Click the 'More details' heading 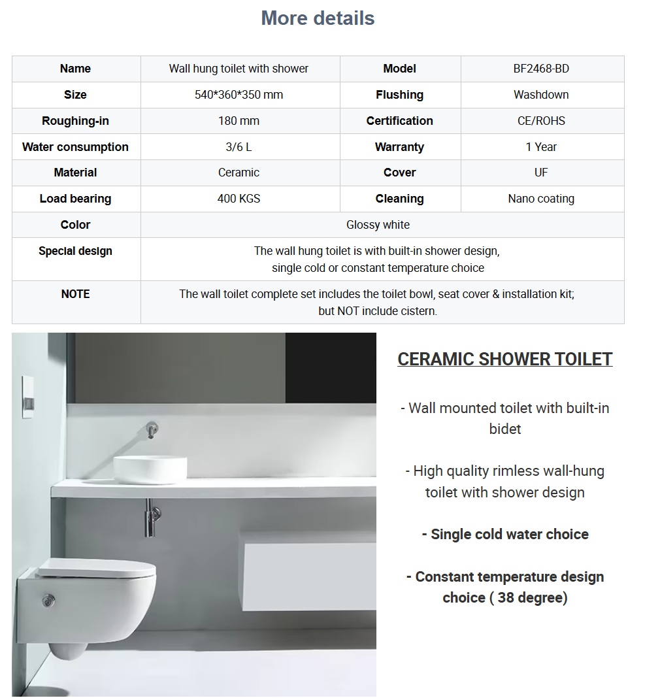coord(318,18)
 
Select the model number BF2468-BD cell coord(541,69)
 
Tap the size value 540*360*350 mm coord(239,95)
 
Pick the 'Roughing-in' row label coord(75,121)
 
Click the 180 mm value coord(239,121)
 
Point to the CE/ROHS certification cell coord(541,121)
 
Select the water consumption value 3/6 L coord(239,147)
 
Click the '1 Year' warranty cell coord(541,147)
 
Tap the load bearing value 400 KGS coord(239,199)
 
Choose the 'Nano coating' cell coord(541,199)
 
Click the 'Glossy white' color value coord(378,225)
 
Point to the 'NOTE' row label coord(75,294)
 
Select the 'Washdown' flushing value coord(541,95)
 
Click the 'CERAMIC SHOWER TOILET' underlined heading coord(505,359)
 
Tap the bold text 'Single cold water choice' coord(505,535)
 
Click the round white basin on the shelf coord(150,469)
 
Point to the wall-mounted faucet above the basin coord(151,429)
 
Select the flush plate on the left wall coord(28,396)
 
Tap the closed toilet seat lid coord(97,568)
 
